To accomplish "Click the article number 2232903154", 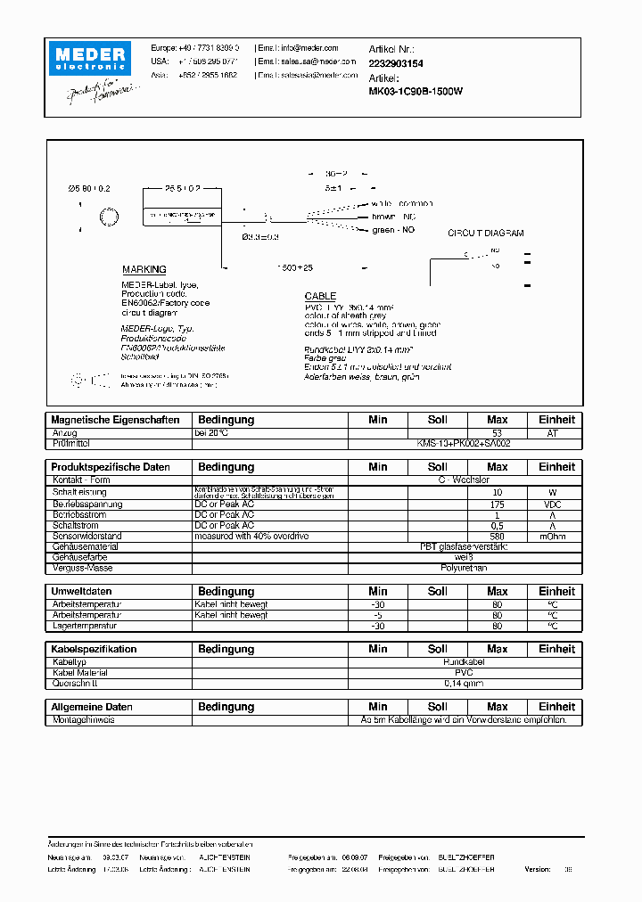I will [396, 64].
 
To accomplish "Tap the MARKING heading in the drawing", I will [144, 269].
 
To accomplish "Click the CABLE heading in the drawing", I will [320, 296].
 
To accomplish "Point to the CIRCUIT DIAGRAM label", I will [485, 234].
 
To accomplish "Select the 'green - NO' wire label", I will [393, 230].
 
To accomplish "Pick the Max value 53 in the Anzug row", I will [497, 433].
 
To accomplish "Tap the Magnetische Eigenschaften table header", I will [116, 420].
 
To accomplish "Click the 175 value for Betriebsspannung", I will [497, 504].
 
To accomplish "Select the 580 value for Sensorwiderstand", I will [497, 537].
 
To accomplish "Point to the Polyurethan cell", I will [464, 568].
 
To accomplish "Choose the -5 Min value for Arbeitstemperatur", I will [377, 615].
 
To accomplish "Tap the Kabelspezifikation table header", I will [95, 649].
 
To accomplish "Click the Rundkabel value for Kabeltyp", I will [464, 662].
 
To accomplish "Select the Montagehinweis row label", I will [83, 719].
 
